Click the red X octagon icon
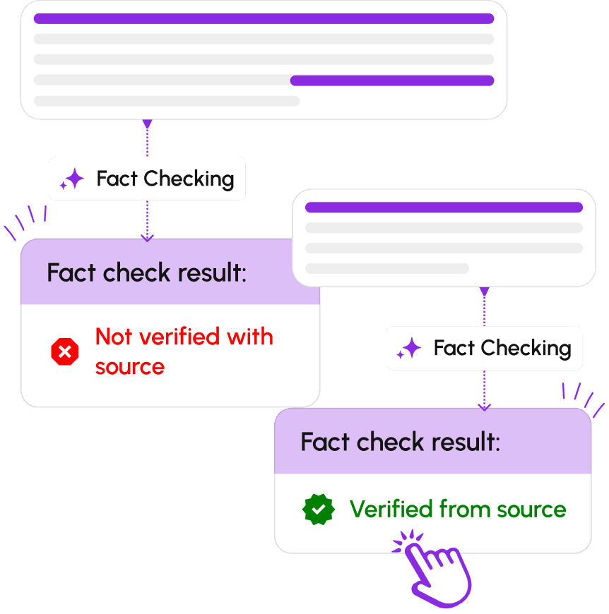click(x=65, y=351)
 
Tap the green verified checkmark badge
click(x=319, y=509)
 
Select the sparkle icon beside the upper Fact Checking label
click(x=72, y=179)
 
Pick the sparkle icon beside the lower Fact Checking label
click(x=409, y=348)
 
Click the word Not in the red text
click(x=114, y=337)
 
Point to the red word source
click(x=130, y=367)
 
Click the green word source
click(x=531, y=510)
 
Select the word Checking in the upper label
click(x=189, y=179)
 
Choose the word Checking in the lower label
click(x=526, y=349)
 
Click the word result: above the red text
click(x=212, y=272)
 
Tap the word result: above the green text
click(x=466, y=442)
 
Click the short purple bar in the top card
click(x=392, y=80)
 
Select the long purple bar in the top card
click(x=264, y=19)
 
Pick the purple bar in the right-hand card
click(x=444, y=207)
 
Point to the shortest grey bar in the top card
click(x=167, y=101)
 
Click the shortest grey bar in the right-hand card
click(x=387, y=269)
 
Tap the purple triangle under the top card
click(x=148, y=124)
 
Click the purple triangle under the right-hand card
click(x=485, y=291)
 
